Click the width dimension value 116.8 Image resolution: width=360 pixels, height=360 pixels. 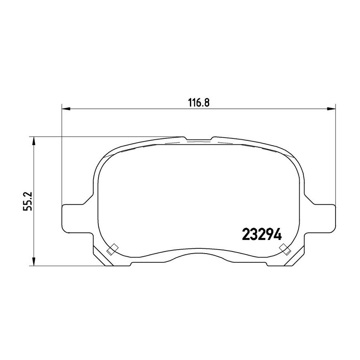click(x=199, y=103)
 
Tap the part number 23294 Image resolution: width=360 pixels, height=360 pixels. click(x=262, y=234)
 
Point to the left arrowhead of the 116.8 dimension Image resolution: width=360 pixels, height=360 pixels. click(x=66, y=108)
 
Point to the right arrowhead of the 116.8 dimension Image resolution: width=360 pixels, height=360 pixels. click(x=332, y=108)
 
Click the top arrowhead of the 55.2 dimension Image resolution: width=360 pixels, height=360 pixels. click(x=34, y=141)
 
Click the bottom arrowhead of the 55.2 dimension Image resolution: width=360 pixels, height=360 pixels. click(x=34, y=262)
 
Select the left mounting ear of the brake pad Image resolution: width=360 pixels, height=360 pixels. click(x=74, y=218)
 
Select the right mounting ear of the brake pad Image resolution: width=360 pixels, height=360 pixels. click(x=324, y=218)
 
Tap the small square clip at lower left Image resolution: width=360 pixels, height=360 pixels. click(x=112, y=249)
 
